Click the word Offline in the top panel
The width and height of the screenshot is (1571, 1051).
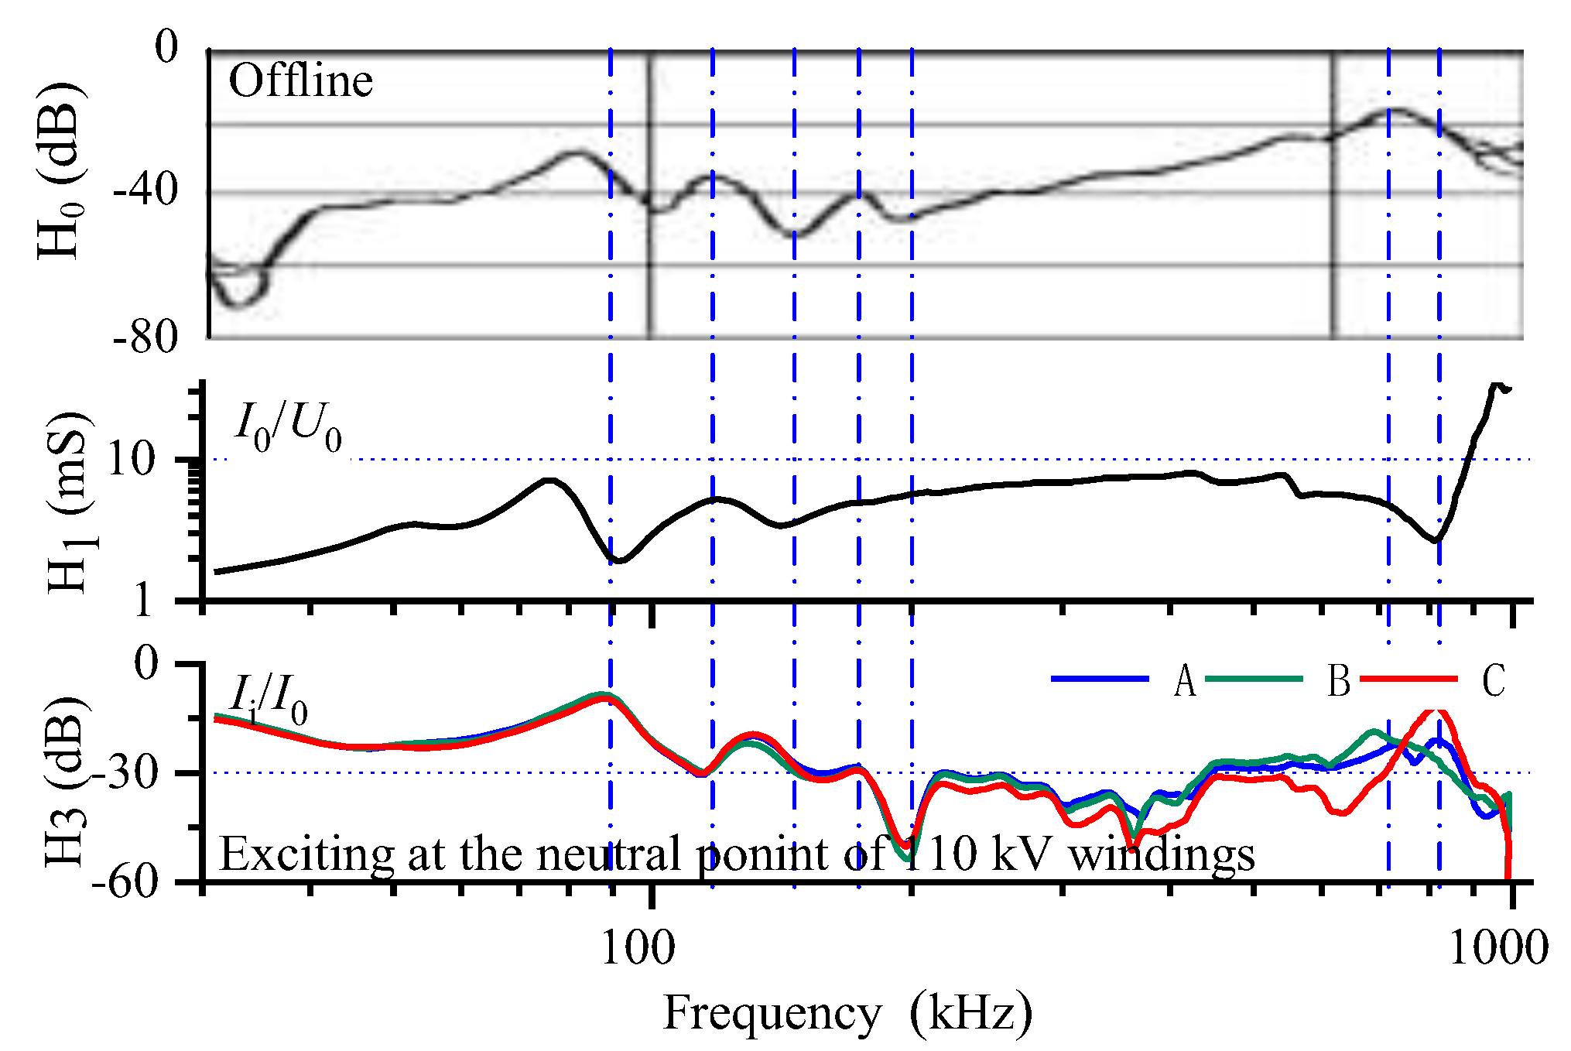point(300,80)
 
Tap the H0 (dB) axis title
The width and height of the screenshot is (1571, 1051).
point(60,170)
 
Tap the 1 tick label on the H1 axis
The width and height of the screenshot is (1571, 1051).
point(143,600)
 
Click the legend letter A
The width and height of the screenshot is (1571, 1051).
point(1184,681)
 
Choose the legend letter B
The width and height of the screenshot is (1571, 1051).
point(1339,681)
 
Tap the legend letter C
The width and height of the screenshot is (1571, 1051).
point(1493,681)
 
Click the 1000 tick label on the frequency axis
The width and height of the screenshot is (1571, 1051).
point(1498,947)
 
